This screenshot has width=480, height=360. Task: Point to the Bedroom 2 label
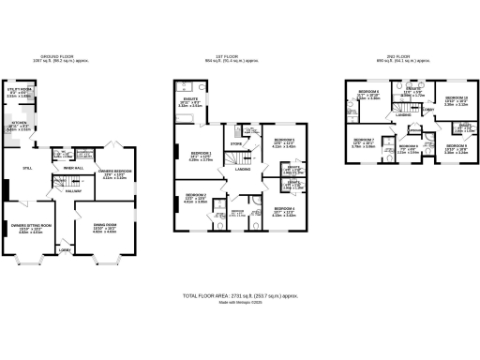193,200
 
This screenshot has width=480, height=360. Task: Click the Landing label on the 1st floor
242,169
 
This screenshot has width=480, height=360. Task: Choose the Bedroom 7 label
363,143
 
